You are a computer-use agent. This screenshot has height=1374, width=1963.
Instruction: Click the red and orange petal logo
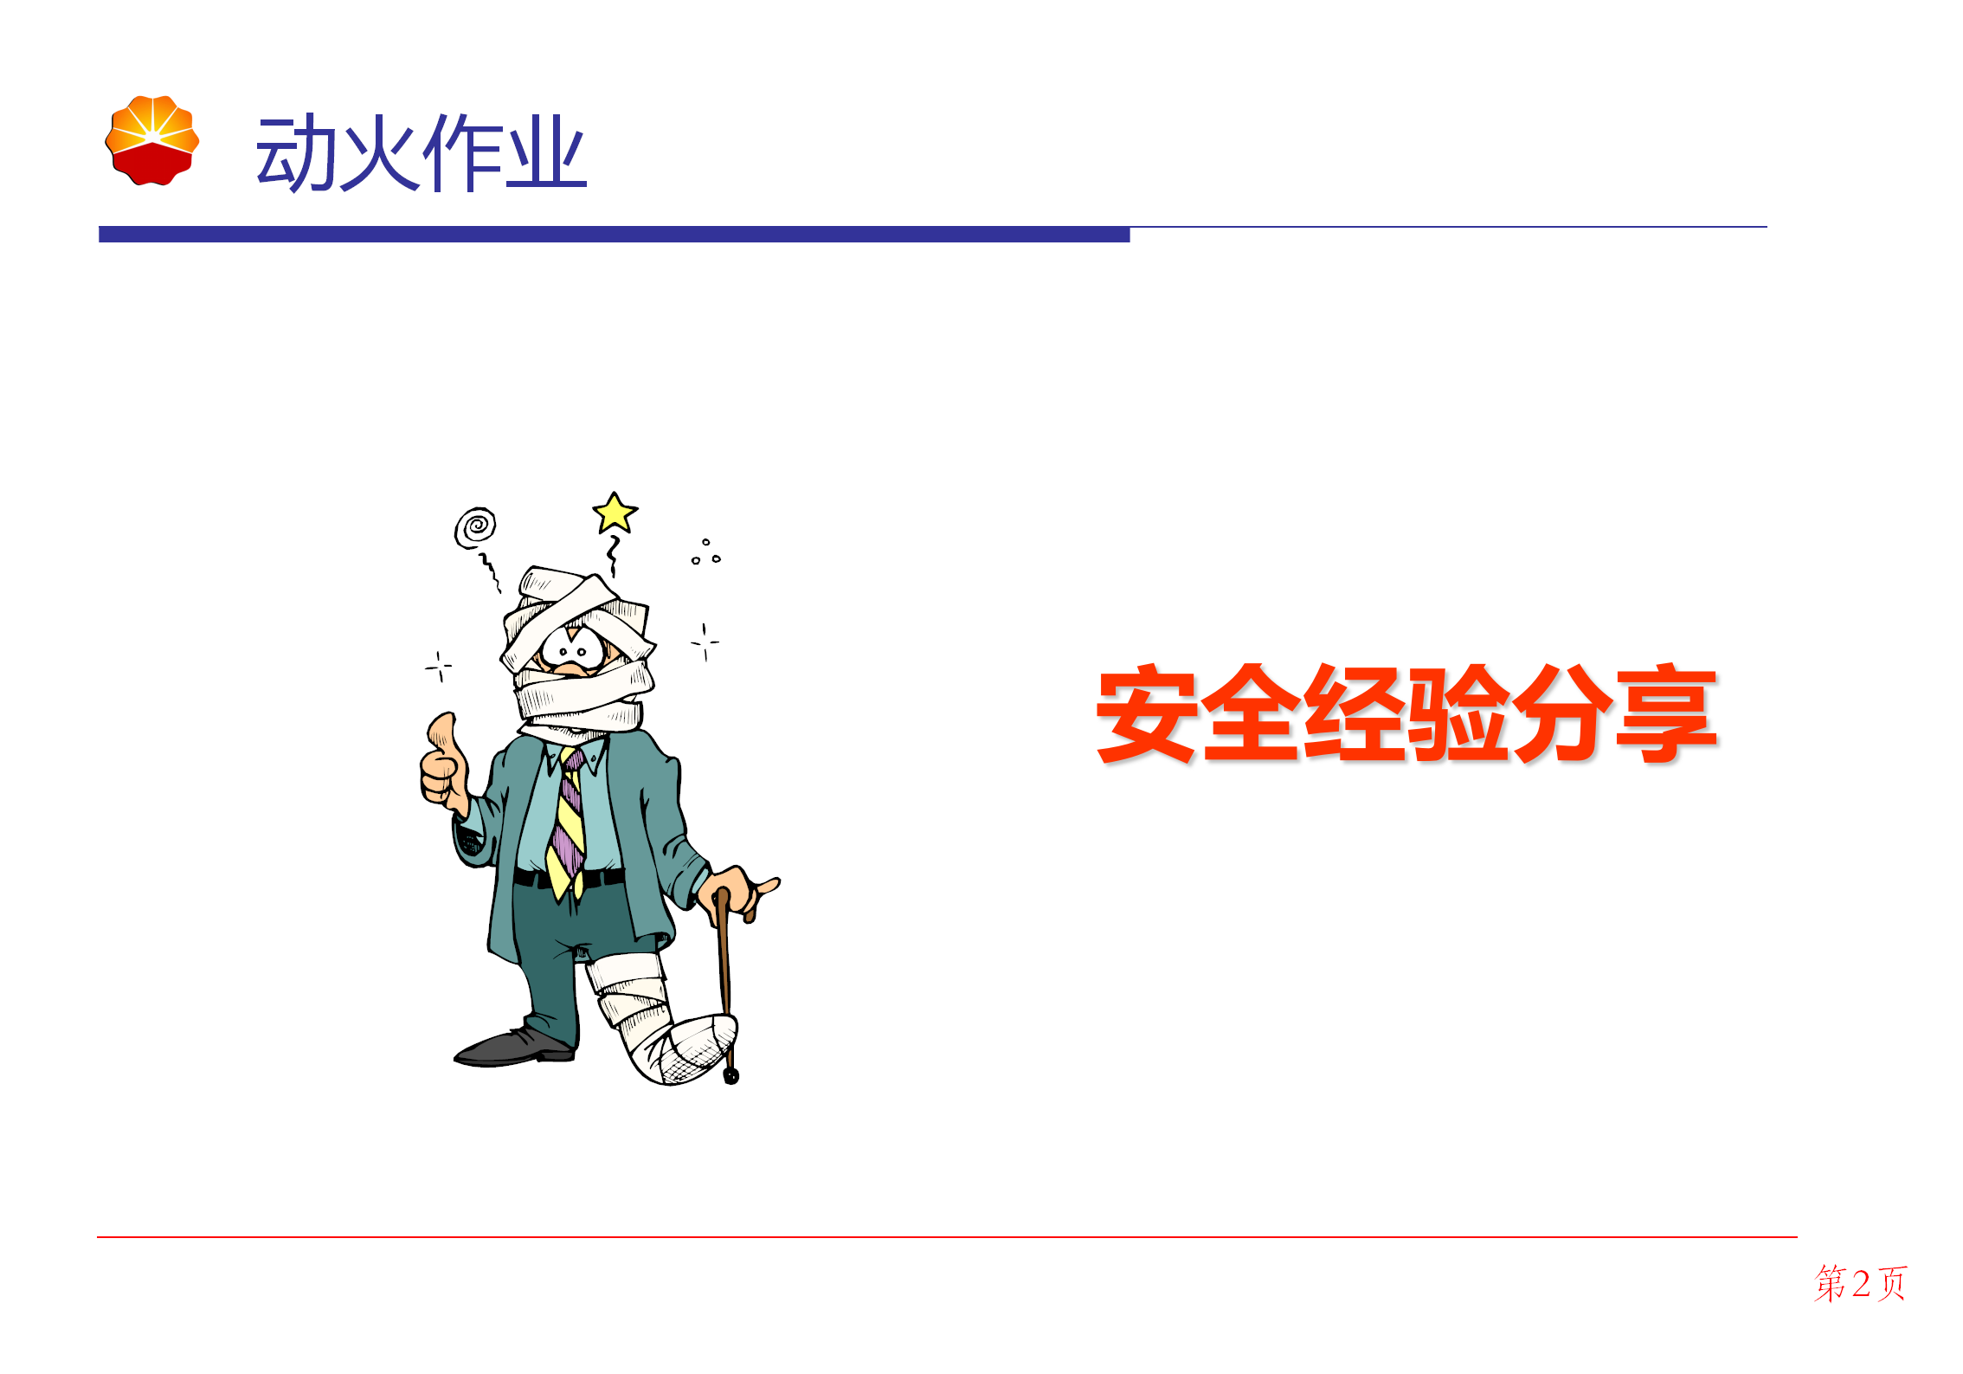pyautogui.click(x=152, y=140)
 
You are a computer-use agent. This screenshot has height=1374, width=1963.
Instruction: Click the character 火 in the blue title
pyautogui.click(x=378, y=153)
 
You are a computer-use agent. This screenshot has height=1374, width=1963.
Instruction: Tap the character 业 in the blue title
pyautogui.click(x=546, y=153)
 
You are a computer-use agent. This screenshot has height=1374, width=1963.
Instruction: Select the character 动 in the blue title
pyautogui.click(x=295, y=153)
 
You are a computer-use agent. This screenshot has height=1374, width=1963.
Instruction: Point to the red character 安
pyautogui.click(x=1147, y=714)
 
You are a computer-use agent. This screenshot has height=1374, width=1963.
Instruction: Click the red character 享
pyautogui.click(x=1666, y=714)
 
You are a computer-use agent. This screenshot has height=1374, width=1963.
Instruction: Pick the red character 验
pyautogui.click(x=1458, y=714)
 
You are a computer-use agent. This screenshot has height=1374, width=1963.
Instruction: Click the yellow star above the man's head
pyautogui.click(x=615, y=513)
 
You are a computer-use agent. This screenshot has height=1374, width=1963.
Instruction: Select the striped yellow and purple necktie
pyautogui.click(x=569, y=822)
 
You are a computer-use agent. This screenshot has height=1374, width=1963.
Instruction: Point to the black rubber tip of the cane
pyautogui.click(x=731, y=1076)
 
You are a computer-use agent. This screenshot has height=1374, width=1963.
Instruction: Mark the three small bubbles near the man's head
pyautogui.click(x=706, y=552)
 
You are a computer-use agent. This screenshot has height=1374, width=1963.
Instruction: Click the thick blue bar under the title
pyautogui.click(x=615, y=235)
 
